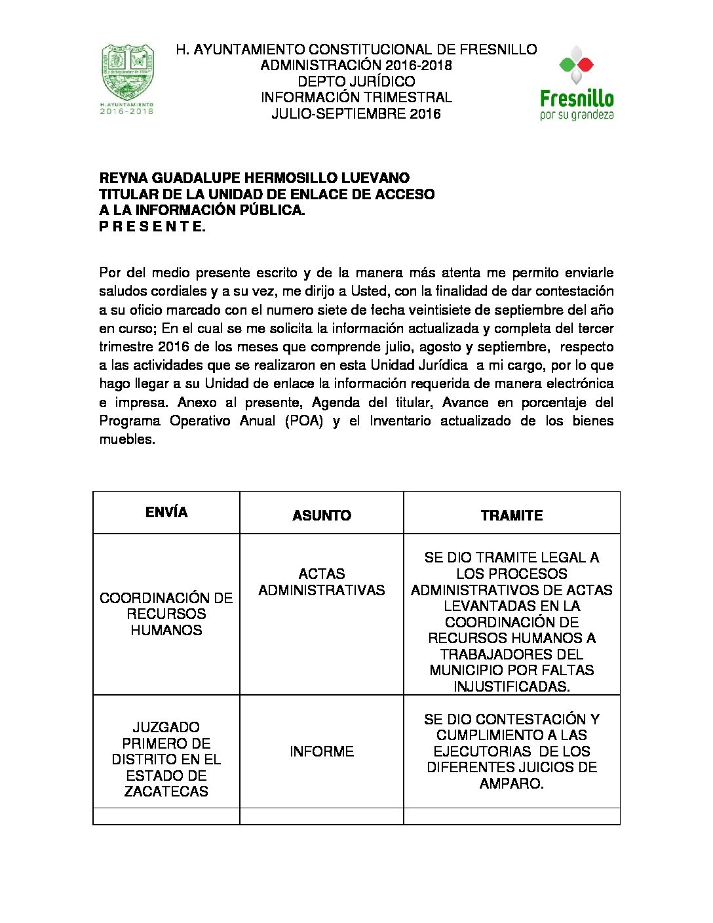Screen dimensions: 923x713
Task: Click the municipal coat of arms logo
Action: (x=127, y=73)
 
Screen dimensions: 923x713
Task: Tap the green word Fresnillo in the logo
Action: (x=577, y=99)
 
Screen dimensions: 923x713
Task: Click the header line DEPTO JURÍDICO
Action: (x=356, y=81)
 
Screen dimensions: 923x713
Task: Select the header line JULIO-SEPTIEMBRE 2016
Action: (x=356, y=113)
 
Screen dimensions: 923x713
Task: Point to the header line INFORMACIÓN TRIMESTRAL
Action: (x=356, y=97)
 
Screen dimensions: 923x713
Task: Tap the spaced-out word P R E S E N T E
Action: (x=152, y=227)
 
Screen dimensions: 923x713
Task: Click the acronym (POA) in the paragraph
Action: (x=304, y=421)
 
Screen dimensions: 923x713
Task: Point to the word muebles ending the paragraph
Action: (x=126, y=439)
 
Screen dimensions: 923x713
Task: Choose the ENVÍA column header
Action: (x=166, y=513)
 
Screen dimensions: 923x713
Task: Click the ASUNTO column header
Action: (x=321, y=515)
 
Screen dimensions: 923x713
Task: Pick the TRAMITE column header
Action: (x=511, y=515)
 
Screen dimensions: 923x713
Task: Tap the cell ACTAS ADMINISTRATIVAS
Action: (x=321, y=581)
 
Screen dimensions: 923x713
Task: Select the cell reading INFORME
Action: (x=321, y=751)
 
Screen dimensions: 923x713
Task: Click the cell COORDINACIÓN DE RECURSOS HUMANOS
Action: (x=166, y=614)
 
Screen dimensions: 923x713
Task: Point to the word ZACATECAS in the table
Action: (x=166, y=791)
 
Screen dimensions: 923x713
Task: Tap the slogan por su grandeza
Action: (x=577, y=115)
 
